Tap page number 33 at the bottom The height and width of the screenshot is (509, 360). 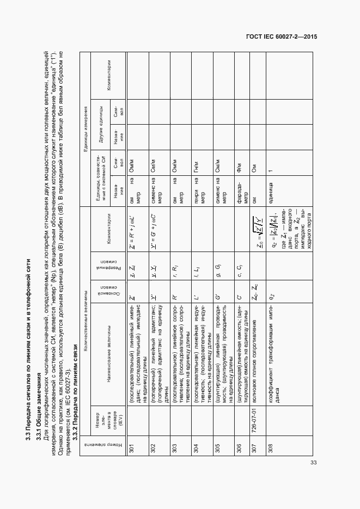[x=313, y=463]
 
